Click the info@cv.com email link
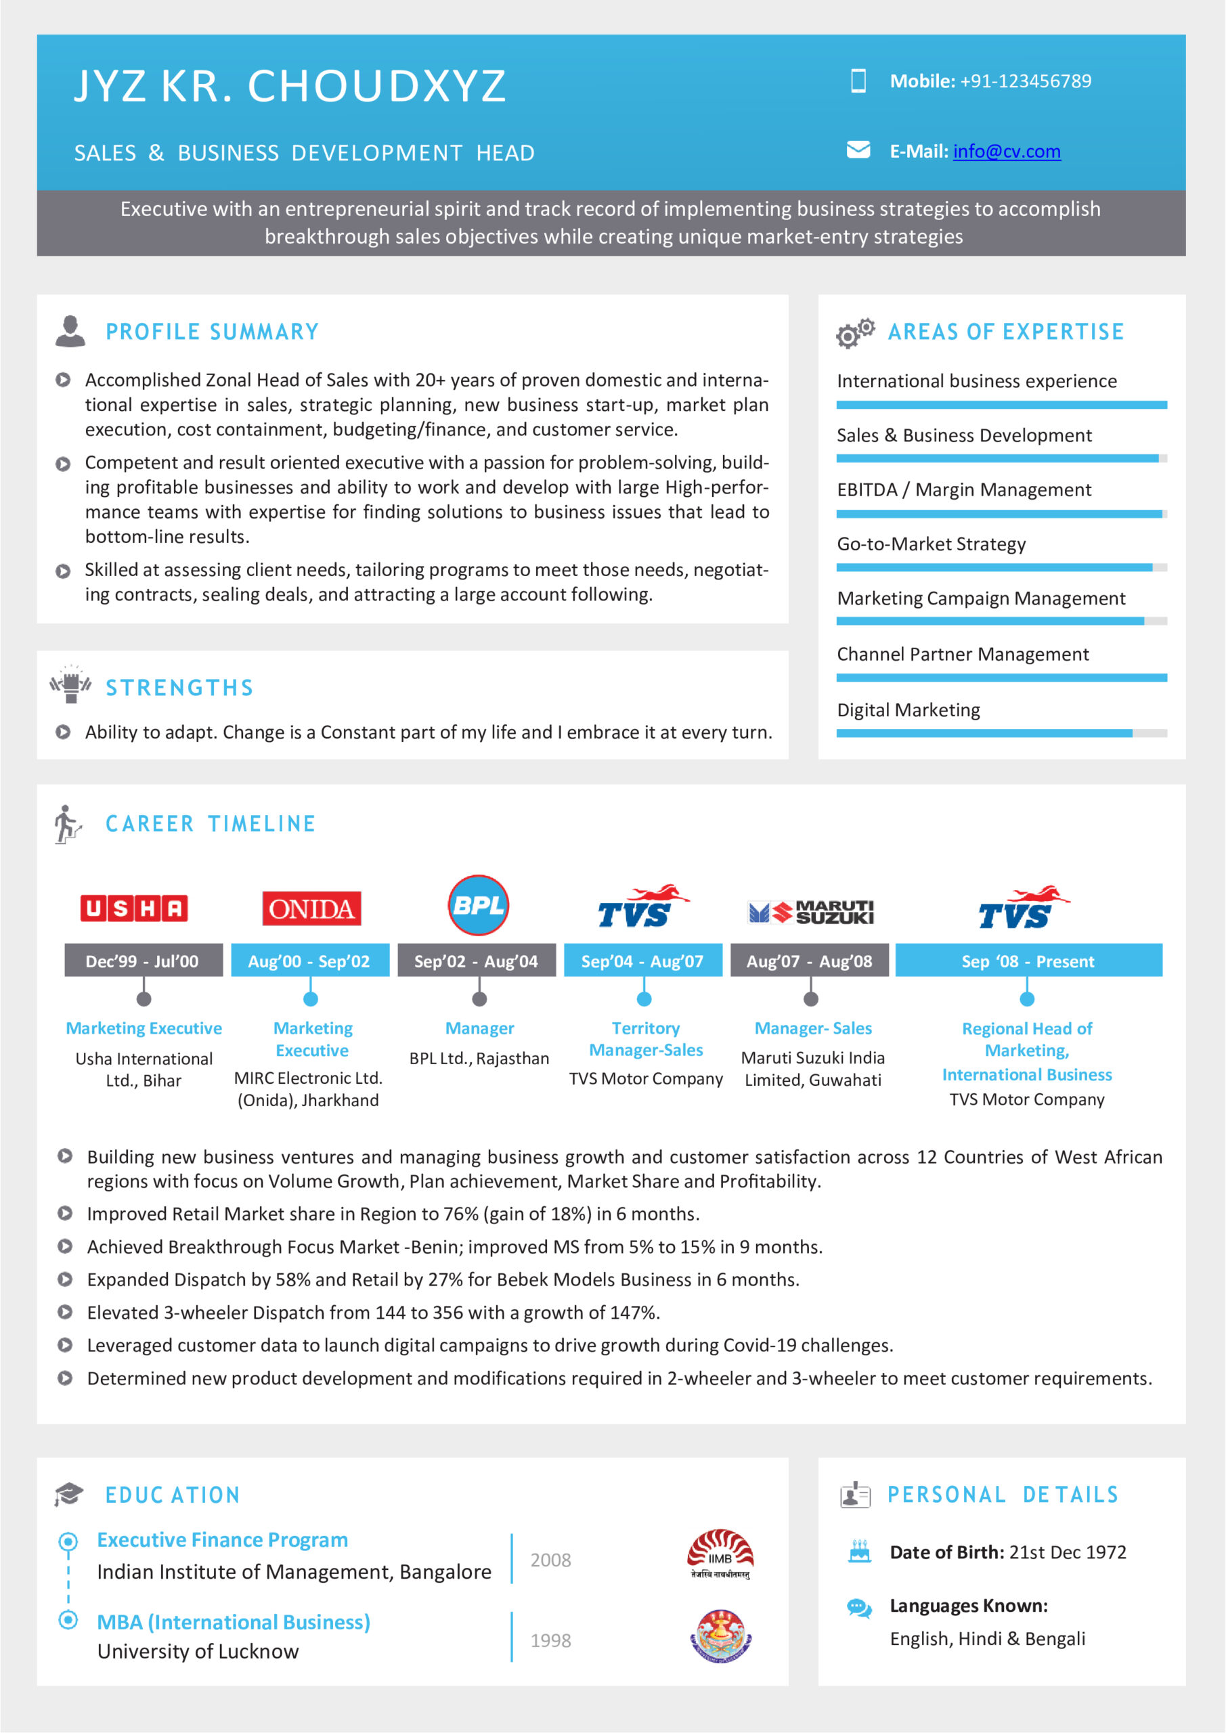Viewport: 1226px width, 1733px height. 1006,152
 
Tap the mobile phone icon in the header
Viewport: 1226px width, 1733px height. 858,81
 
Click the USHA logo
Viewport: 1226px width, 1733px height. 134,908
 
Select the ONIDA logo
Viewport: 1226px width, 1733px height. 311,908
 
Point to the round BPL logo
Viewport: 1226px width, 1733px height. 479,905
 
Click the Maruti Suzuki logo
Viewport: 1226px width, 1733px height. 811,912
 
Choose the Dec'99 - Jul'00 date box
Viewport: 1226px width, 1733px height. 144,960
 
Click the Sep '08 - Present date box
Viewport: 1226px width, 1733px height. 1028,960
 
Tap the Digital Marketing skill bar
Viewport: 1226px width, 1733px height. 1001,733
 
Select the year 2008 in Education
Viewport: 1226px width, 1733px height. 550,1560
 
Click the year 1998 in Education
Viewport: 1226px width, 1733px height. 550,1640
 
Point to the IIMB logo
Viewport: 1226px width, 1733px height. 720,1555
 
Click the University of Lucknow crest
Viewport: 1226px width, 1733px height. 721,1636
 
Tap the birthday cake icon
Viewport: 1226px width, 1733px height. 859,1551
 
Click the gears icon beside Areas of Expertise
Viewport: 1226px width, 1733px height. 854,333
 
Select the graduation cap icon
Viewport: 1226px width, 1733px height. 68,1494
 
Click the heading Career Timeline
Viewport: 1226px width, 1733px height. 211,823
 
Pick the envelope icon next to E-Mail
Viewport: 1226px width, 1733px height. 858,150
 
